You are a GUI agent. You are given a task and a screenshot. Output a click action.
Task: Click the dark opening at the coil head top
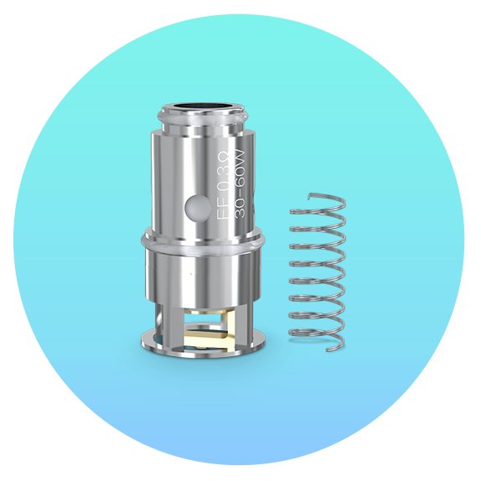click(204, 106)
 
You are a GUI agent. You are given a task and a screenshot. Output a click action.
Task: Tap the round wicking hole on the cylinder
click(199, 209)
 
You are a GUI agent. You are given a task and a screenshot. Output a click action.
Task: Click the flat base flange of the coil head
click(204, 345)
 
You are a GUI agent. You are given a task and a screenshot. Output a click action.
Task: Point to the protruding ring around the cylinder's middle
click(203, 240)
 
